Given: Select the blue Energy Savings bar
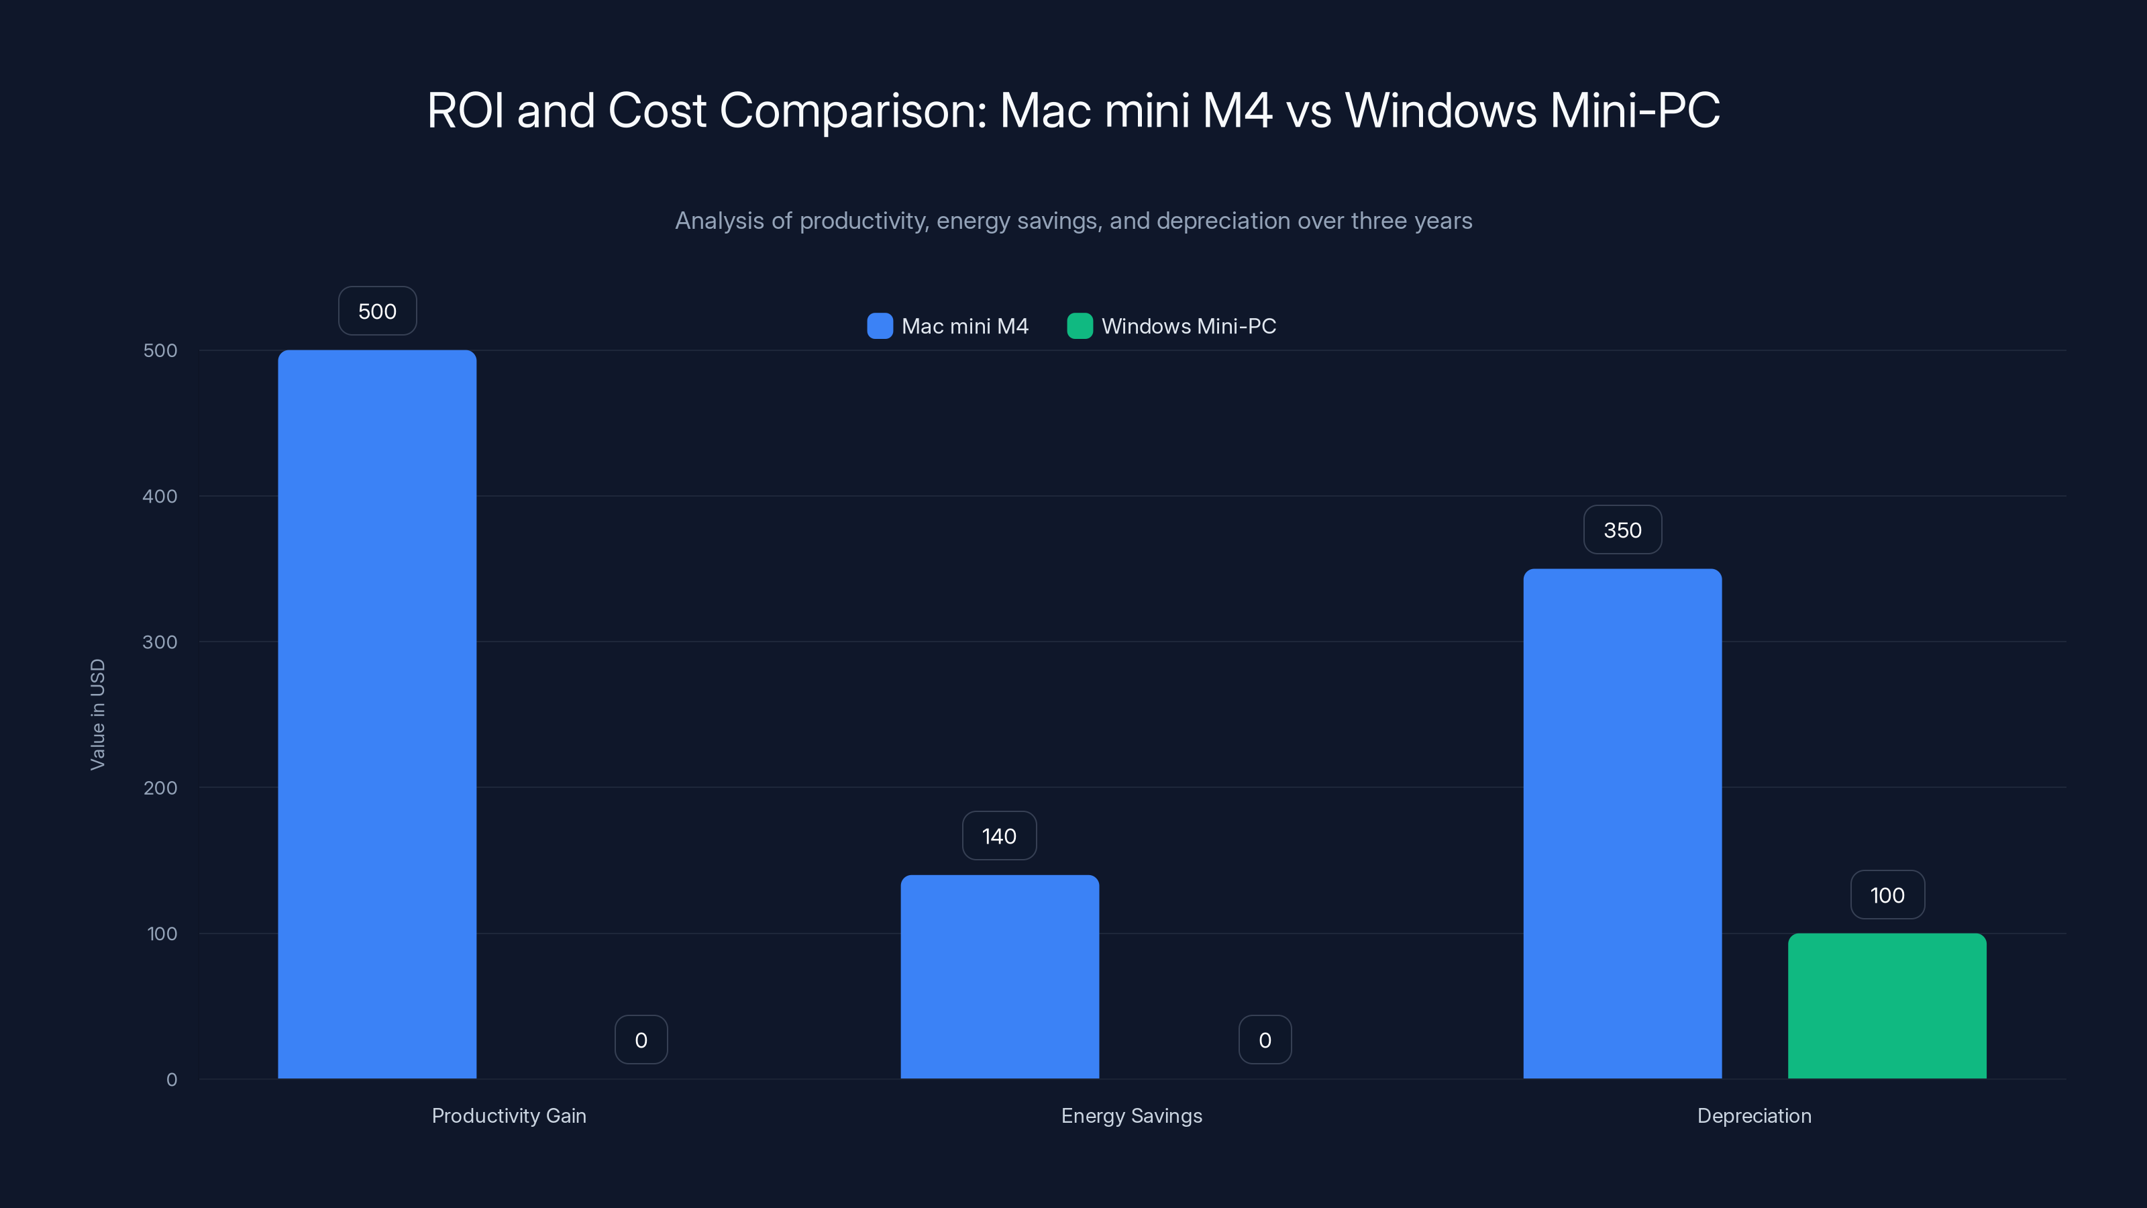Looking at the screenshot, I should pos(999,976).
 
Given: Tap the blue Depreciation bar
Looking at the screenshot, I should pos(1622,823).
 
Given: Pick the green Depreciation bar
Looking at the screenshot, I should pos(1887,1005).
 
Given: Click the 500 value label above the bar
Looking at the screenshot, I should pos(376,311).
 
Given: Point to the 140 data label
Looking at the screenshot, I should pos(998,836).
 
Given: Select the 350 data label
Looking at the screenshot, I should pos(1622,530).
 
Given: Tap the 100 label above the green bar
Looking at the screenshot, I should pos(1887,895).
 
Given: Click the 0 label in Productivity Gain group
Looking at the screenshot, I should pos(641,1040).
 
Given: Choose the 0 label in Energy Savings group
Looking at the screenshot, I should pos(1264,1040).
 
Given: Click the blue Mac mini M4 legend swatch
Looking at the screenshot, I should pos(880,326).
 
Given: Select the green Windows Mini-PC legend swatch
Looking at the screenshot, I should pos(1080,326).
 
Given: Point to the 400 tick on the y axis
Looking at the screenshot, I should pos(160,496).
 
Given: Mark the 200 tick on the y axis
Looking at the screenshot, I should pos(160,788).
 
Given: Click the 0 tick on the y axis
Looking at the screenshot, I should pos(172,1080).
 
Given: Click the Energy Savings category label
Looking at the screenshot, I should pos(1131,1115).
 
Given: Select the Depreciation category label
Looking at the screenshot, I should pos(1754,1115).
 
